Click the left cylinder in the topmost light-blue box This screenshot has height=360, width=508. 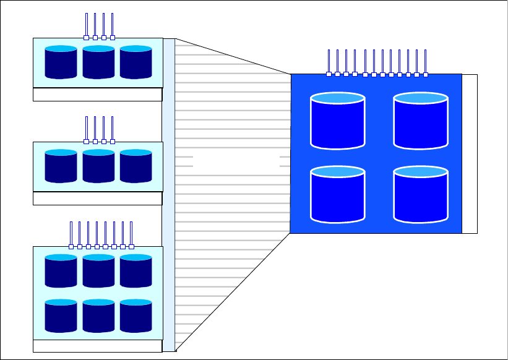tap(61, 62)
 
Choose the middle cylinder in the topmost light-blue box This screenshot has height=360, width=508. tap(98, 62)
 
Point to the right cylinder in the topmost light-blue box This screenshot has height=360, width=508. tap(136, 62)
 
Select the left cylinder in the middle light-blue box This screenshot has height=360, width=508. tap(61, 166)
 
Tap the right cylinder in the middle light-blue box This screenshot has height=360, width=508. tap(136, 166)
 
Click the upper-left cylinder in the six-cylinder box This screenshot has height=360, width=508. tap(61, 272)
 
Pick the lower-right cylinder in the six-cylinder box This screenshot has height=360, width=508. tap(136, 316)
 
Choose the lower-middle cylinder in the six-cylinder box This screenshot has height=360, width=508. tap(98, 316)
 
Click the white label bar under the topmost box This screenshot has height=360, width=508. tap(97, 95)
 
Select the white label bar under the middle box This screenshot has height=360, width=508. tap(97, 199)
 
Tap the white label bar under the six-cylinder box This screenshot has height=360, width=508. tap(97, 346)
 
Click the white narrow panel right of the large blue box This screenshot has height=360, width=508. tap(470, 153)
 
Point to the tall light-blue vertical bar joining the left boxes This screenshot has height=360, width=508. tap(169, 195)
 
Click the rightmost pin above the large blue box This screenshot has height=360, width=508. tap(425, 62)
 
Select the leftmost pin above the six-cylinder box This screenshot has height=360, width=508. tap(71, 234)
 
